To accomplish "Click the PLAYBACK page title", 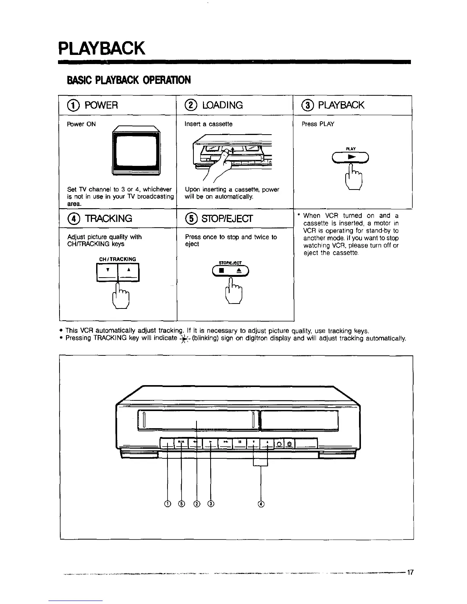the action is [102, 48].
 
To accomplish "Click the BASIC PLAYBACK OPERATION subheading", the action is [128, 80].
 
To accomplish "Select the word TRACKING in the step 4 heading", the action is [109, 218].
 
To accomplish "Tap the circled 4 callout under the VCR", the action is [261, 504].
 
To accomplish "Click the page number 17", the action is [410, 572].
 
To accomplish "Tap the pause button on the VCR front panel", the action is [240, 443].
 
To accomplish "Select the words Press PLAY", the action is [318, 124].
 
